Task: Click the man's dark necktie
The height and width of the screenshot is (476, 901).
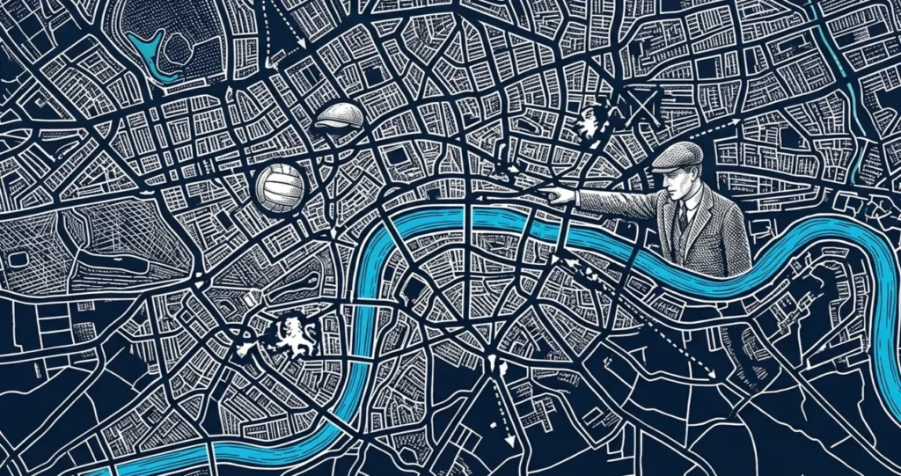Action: point(683,215)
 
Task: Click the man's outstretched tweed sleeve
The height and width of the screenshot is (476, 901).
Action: point(616,202)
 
